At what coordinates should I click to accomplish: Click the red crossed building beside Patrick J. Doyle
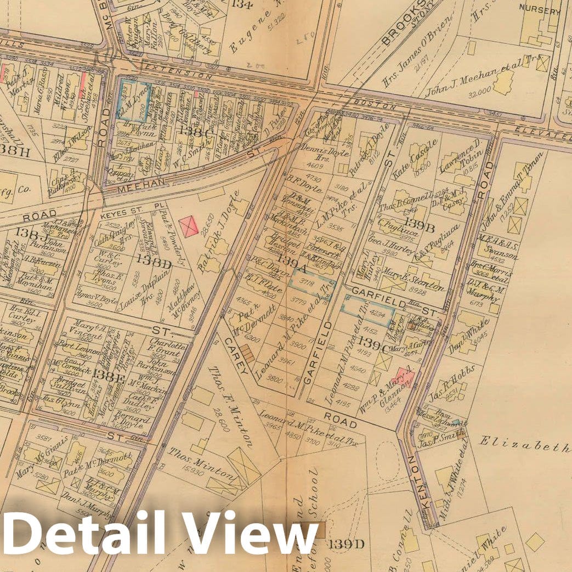click(190, 226)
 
